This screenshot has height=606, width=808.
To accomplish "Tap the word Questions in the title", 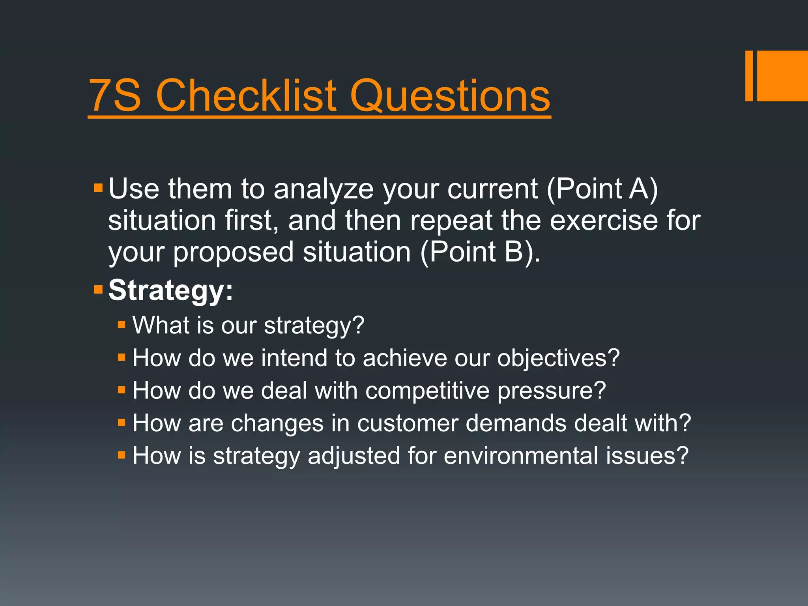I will click(x=450, y=96).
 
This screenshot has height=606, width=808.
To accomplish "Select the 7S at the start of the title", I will click(x=115, y=95).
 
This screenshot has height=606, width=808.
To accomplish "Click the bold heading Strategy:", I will click(x=171, y=291).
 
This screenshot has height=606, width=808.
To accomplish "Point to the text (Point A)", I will click(x=602, y=189).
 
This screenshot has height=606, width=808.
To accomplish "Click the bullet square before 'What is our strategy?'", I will click(x=122, y=325).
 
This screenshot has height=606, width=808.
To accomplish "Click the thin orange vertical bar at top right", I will click(x=749, y=76).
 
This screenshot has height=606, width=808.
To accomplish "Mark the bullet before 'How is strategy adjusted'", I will click(x=122, y=456).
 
